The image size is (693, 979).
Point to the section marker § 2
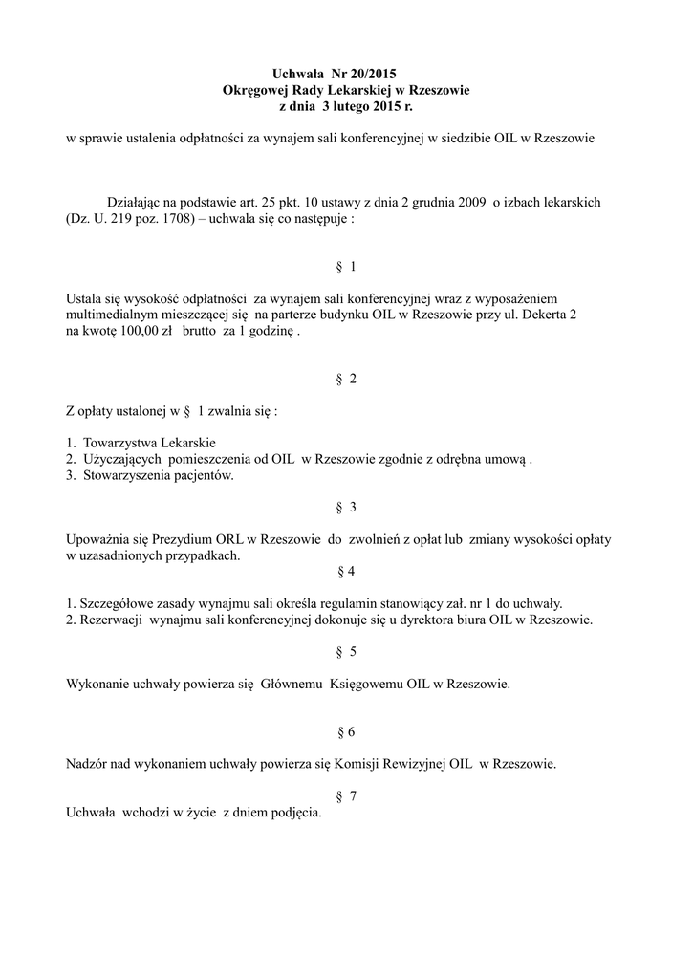pos(346,380)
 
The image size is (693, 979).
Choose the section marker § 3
pos(346,507)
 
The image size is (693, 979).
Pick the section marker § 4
pos(346,572)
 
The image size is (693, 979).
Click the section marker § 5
pos(346,652)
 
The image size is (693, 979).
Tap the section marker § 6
pos(346,732)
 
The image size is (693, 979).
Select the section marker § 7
pos(346,797)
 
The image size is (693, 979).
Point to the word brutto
pos(196,330)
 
